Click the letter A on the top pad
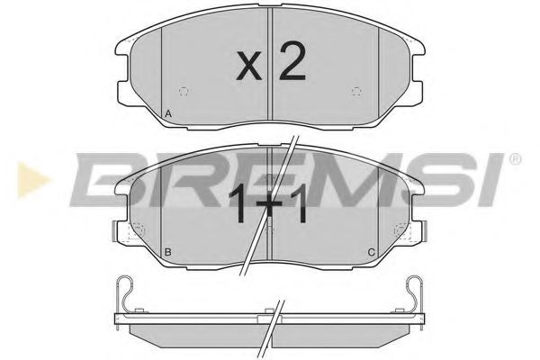(x=168, y=113)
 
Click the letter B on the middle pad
(x=167, y=253)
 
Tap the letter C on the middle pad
(x=371, y=253)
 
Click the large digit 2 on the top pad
(x=292, y=61)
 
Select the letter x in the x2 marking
(x=249, y=66)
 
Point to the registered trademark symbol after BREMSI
(x=515, y=158)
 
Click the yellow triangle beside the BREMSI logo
(x=32, y=180)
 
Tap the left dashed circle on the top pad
(x=184, y=91)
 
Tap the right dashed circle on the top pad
(x=356, y=91)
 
